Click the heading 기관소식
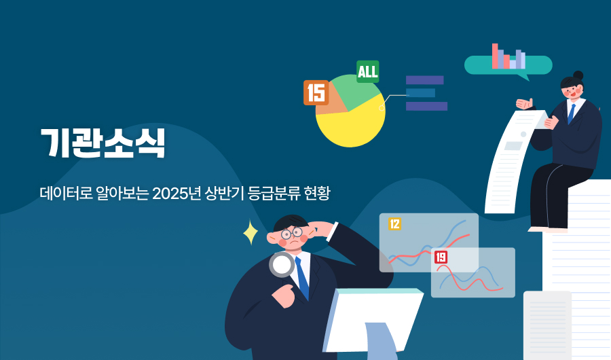[x=102, y=143]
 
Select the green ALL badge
[x=368, y=71]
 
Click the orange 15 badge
[x=316, y=92]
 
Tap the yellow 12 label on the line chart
[x=394, y=223]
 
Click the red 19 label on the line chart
[x=441, y=257]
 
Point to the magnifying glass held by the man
[x=281, y=264]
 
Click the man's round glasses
[x=292, y=234]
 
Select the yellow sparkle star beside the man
[x=251, y=232]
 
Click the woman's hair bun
[x=578, y=75]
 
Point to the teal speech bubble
[x=508, y=66]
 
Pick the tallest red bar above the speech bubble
[x=496, y=56]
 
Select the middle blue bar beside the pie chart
[x=420, y=93]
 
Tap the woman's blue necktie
[x=572, y=112]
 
